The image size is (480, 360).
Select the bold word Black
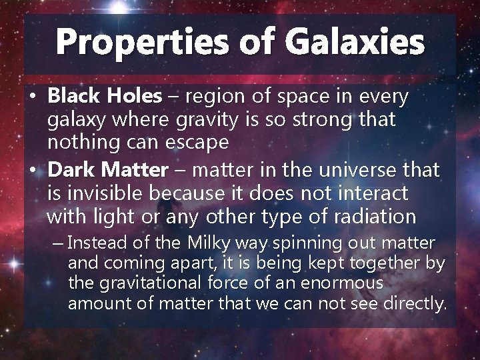(71, 97)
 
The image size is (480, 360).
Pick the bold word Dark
(69, 170)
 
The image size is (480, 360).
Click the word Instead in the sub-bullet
(93, 243)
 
